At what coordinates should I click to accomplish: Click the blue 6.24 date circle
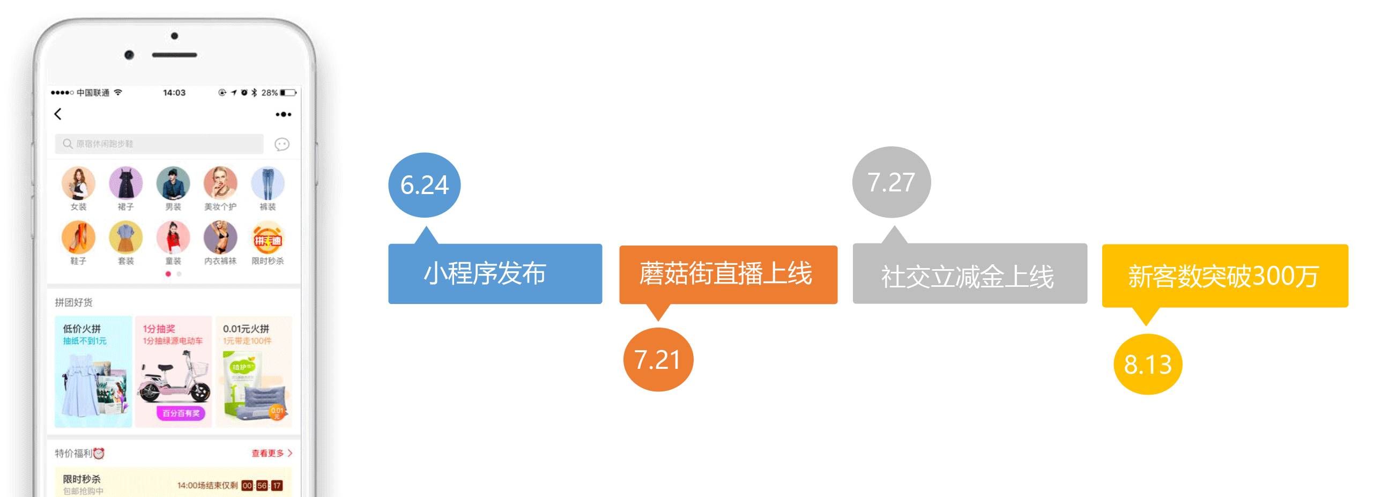tap(424, 185)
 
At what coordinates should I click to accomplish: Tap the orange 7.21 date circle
tap(658, 359)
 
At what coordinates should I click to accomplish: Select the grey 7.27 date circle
tap(891, 182)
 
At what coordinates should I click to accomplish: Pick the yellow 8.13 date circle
tap(1148, 365)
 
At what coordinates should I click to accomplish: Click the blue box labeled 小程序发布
tap(495, 274)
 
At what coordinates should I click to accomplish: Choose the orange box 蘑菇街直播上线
tap(728, 275)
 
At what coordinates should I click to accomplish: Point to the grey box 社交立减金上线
tap(969, 274)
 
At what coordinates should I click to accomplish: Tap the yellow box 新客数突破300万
tap(1224, 276)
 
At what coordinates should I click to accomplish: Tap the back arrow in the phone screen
tap(58, 114)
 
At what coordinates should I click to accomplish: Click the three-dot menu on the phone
tap(283, 114)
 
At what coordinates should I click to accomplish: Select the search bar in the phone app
tap(159, 144)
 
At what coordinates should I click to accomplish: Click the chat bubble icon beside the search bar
tap(282, 144)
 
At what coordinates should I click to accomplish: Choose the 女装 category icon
tap(78, 183)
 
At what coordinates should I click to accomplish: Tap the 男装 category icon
tap(173, 183)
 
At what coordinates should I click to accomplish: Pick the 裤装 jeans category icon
tap(268, 183)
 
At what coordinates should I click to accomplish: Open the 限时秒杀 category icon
tap(268, 238)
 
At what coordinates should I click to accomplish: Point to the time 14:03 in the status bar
tap(174, 93)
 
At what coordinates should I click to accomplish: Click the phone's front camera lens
tap(129, 55)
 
